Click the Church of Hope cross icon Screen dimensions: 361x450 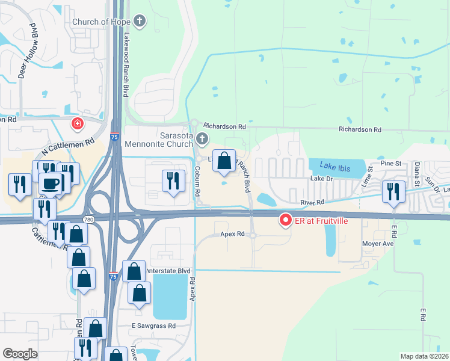[x=140, y=22]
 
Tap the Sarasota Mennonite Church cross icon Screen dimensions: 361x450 [x=202, y=140]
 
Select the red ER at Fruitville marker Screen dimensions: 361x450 [x=285, y=221]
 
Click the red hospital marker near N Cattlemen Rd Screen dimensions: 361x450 [x=77, y=125]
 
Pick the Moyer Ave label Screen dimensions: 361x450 [x=378, y=244]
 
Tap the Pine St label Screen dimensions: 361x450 [x=390, y=164]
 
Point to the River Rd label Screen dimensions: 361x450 [x=312, y=202]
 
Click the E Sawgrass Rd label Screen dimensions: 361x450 [x=153, y=326]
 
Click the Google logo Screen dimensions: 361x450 [x=20, y=354]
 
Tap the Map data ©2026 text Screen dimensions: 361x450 [x=424, y=356]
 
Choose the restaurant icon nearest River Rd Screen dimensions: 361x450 [x=394, y=191]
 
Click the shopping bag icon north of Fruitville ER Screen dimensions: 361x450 [x=224, y=161]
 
